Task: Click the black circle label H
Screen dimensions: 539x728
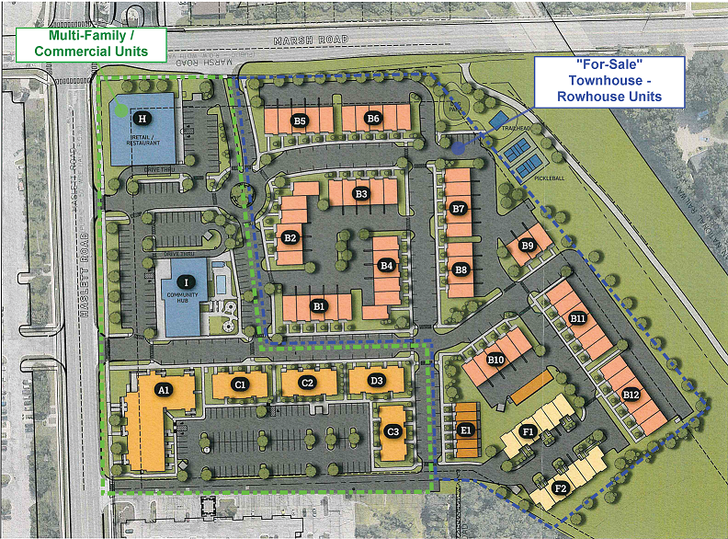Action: pos(142,118)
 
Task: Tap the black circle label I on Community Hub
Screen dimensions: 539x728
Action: pos(188,281)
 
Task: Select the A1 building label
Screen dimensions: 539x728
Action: pos(164,390)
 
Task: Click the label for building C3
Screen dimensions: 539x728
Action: pos(393,431)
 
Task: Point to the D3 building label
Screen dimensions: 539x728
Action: pos(376,381)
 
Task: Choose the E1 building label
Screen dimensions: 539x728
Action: pos(466,429)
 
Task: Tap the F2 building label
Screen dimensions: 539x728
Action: pos(561,487)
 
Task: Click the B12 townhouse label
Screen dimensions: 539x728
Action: pos(631,395)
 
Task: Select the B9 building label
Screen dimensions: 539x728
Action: pos(527,246)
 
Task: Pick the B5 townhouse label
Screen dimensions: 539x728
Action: pos(300,120)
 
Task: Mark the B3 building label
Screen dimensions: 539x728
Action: pos(361,194)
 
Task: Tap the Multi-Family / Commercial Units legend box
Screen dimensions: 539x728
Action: pos(91,43)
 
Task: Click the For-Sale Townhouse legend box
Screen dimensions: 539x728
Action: pos(609,80)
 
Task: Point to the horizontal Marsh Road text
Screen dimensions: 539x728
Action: pos(311,40)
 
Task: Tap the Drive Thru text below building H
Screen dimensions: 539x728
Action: pos(158,170)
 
